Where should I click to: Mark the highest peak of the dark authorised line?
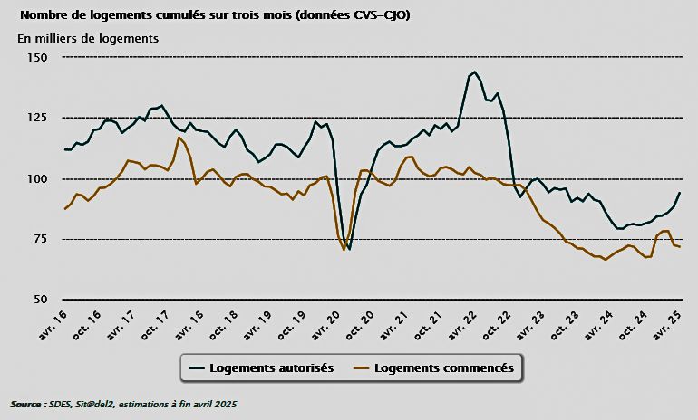click(x=475, y=72)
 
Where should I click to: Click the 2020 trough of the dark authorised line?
click(x=349, y=249)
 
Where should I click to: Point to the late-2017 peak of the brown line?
click(x=179, y=137)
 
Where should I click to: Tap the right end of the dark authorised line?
click(x=680, y=193)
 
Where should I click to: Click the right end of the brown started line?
click(x=680, y=247)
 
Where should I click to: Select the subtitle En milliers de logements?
click(x=88, y=38)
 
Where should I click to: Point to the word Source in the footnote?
click(x=26, y=403)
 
